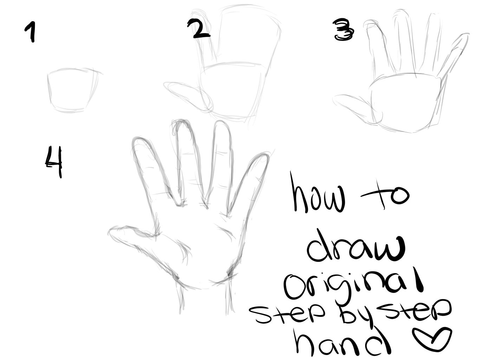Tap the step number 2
coord(199,28)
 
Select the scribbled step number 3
coord(343,30)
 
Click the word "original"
coord(354,284)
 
